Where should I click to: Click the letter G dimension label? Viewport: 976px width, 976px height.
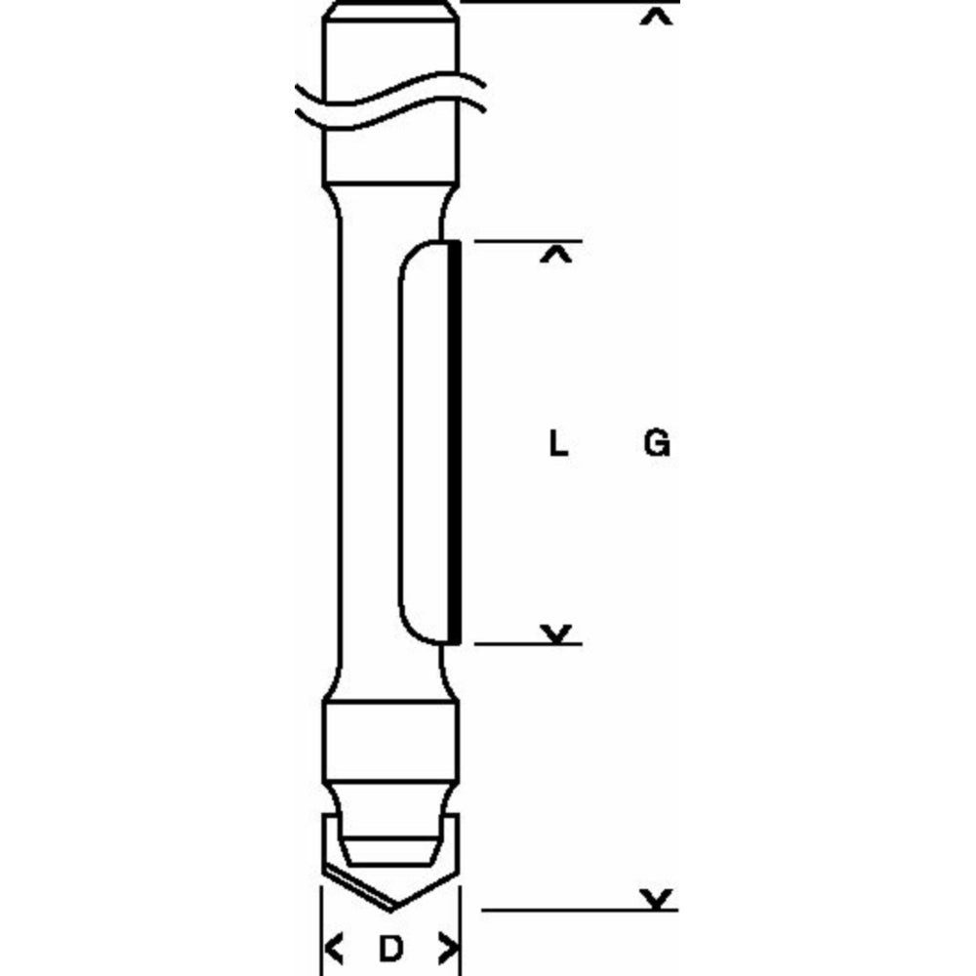coord(657,445)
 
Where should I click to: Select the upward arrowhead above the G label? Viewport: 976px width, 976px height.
coord(660,18)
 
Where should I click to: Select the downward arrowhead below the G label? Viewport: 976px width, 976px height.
coord(660,897)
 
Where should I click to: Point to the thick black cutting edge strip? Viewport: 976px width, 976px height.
coord(455,439)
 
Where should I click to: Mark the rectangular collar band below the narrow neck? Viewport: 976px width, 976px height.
coord(390,737)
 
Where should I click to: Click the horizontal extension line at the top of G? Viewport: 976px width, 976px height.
coord(566,3)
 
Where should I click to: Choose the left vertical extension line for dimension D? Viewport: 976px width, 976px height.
coord(322,937)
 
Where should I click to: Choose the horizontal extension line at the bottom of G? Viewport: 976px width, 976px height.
coord(576,911)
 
